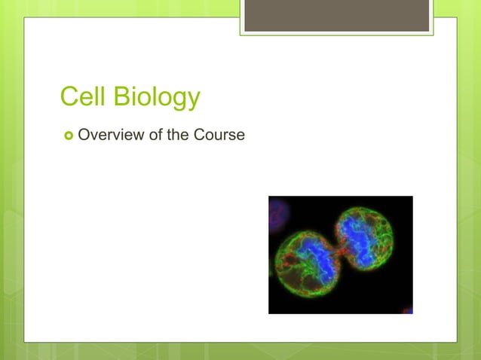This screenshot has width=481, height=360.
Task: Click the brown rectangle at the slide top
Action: (x=336, y=15)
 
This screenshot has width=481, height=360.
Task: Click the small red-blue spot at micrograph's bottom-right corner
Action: (x=407, y=310)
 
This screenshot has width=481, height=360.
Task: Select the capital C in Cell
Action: (x=69, y=97)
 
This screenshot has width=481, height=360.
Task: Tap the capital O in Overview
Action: (x=84, y=136)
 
